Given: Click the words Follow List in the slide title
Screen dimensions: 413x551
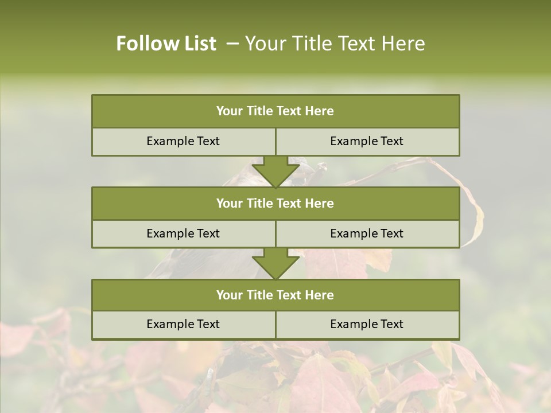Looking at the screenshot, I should (x=166, y=44).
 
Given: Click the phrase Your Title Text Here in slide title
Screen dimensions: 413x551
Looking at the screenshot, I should (x=335, y=44).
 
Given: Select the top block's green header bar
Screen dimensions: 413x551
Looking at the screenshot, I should (x=275, y=111).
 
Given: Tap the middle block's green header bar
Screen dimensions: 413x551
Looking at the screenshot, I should (x=275, y=203).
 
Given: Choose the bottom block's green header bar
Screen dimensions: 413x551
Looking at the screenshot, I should (x=275, y=295).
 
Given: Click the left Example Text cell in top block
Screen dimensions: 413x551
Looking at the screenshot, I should (x=183, y=141).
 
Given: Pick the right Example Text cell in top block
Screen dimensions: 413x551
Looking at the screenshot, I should (x=367, y=141).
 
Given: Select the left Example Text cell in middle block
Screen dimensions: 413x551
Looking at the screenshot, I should (x=183, y=233).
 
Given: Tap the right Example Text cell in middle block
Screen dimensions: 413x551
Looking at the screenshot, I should (x=367, y=233).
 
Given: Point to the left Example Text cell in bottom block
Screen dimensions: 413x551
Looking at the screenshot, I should (x=183, y=324).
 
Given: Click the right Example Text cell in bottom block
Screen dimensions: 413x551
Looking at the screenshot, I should (x=367, y=324).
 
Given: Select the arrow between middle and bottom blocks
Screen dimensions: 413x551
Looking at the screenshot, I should (x=275, y=263).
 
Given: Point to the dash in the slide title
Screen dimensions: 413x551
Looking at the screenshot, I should (x=232, y=44).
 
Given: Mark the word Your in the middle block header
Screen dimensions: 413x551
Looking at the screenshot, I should (x=229, y=203).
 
